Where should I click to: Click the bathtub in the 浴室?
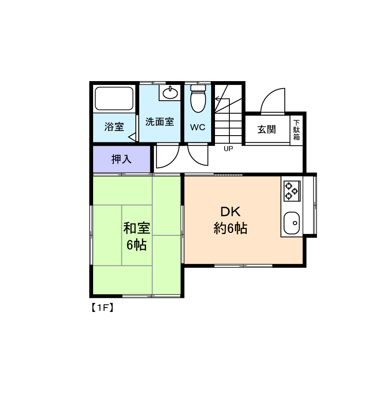pos(114,98)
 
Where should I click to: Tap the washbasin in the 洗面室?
pos(170,93)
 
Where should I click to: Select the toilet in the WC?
pos(198,98)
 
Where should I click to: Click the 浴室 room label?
pos(114,127)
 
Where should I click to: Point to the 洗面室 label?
pos(160,122)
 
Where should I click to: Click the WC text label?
pos(198,128)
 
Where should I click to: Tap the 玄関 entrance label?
pos(267,130)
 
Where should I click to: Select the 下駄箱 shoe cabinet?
pos(296,130)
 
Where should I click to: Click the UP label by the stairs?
pos(228,149)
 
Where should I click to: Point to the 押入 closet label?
pos(121,159)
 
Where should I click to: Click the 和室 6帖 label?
pos(137,237)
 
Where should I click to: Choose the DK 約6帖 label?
pos(231,220)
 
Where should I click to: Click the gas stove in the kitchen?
pos(292,191)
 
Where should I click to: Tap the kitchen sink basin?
pos(292,223)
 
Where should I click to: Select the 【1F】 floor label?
pos(103,308)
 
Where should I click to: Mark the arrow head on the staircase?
pos(218,99)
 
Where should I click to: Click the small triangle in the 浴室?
pos(132,137)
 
